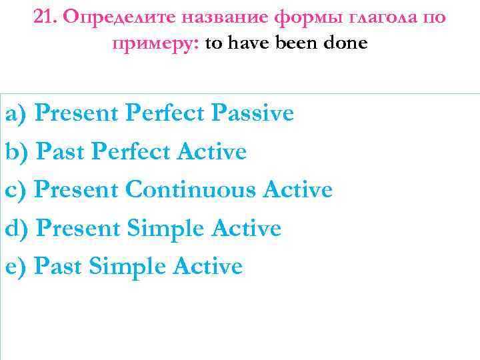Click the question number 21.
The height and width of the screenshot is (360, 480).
point(44,17)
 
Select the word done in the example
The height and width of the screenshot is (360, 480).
point(344,44)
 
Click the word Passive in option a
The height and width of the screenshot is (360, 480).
point(252,113)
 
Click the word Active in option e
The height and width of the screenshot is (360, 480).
point(207,267)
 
